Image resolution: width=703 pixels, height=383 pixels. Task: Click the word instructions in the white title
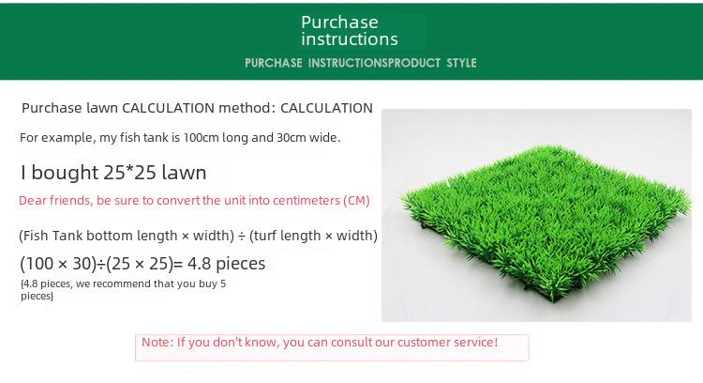pos(350,39)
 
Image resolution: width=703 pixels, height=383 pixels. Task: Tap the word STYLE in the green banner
pos(461,63)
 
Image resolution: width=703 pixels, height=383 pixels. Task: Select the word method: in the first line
pos(247,108)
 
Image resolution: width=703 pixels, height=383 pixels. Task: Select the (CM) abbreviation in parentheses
pos(356,200)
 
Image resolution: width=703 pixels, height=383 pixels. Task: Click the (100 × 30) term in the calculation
pos(58,264)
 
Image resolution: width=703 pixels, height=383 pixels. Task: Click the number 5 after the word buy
pos(223,283)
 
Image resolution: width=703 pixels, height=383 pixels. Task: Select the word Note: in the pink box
pos(157,342)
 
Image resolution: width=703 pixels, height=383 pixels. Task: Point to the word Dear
pos(33,200)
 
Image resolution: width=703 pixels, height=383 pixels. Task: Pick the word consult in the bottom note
pos(351,342)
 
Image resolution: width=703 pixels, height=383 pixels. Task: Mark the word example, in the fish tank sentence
pos(69,138)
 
